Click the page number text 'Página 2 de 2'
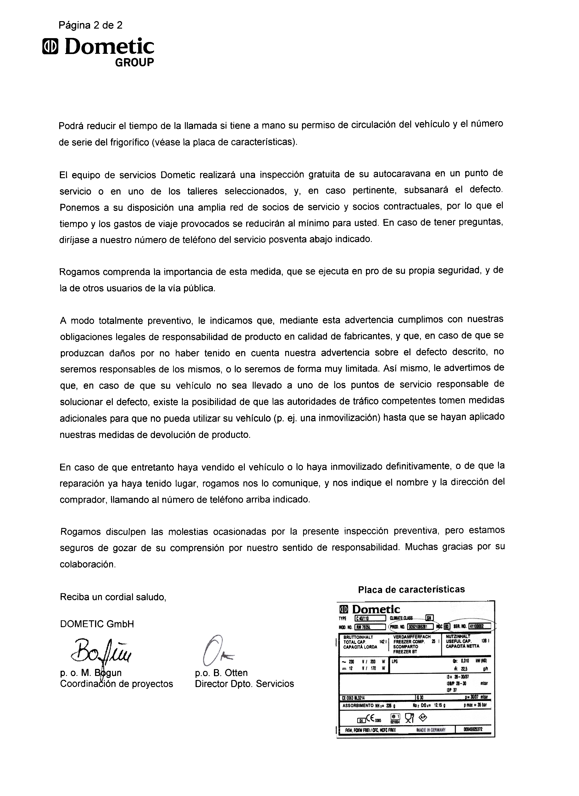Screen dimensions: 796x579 click(x=91, y=25)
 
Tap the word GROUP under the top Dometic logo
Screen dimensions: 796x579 click(x=134, y=62)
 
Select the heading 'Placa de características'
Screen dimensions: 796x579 click(x=411, y=590)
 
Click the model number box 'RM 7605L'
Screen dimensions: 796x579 click(x=370, y=627)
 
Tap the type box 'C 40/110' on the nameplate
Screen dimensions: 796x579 click(x=370, y=619)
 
